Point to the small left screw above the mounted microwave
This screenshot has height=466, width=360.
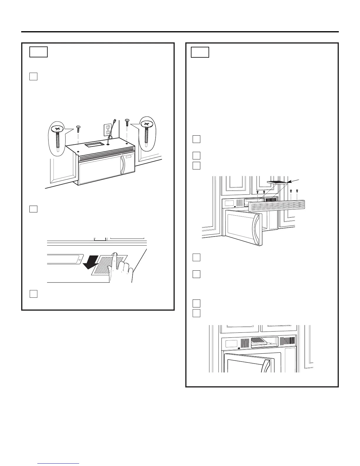(78, 127)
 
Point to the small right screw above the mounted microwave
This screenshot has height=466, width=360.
(127, 121)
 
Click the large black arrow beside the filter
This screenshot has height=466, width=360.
(91, 263)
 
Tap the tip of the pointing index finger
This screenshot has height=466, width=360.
(116, 254)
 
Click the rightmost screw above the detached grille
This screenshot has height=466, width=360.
(297, 191)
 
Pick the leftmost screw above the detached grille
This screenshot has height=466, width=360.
(258, 192)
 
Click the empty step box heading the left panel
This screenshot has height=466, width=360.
(39, 52)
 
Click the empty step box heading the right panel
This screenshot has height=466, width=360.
(200, 52)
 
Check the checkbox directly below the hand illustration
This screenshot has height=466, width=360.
(34, 294)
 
